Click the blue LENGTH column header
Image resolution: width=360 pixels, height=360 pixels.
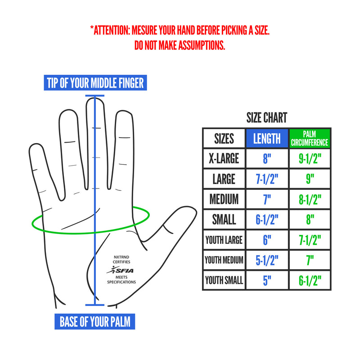(x=267, y=139)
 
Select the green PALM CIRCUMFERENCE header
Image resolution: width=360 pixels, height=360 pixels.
(x=309, y=139)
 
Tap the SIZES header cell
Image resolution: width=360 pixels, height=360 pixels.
(x=224, y=139)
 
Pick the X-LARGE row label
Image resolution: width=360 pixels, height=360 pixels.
(x=224, y=158)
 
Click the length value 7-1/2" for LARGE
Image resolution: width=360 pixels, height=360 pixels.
(x=267, y=179)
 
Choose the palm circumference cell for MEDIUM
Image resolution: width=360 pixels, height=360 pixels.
(x=309, y=199)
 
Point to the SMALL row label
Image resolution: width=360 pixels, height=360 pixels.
(x=224, y=219)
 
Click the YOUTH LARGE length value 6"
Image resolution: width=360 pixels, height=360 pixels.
(x=267, y=239)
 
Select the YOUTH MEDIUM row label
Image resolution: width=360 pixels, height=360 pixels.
(x=224, y=260)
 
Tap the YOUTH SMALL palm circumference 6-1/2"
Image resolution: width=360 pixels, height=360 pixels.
(x=309, y=280)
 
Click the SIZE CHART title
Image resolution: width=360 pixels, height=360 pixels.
(x=266, y=118)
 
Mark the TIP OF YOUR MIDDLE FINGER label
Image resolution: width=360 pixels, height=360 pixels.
(x=95, y=83)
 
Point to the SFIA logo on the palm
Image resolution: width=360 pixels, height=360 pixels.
(x=120, y=270)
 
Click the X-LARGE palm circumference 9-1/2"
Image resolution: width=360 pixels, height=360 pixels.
(x=309, y=158)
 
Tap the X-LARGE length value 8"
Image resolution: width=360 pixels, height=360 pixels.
(x=267, y=158)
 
